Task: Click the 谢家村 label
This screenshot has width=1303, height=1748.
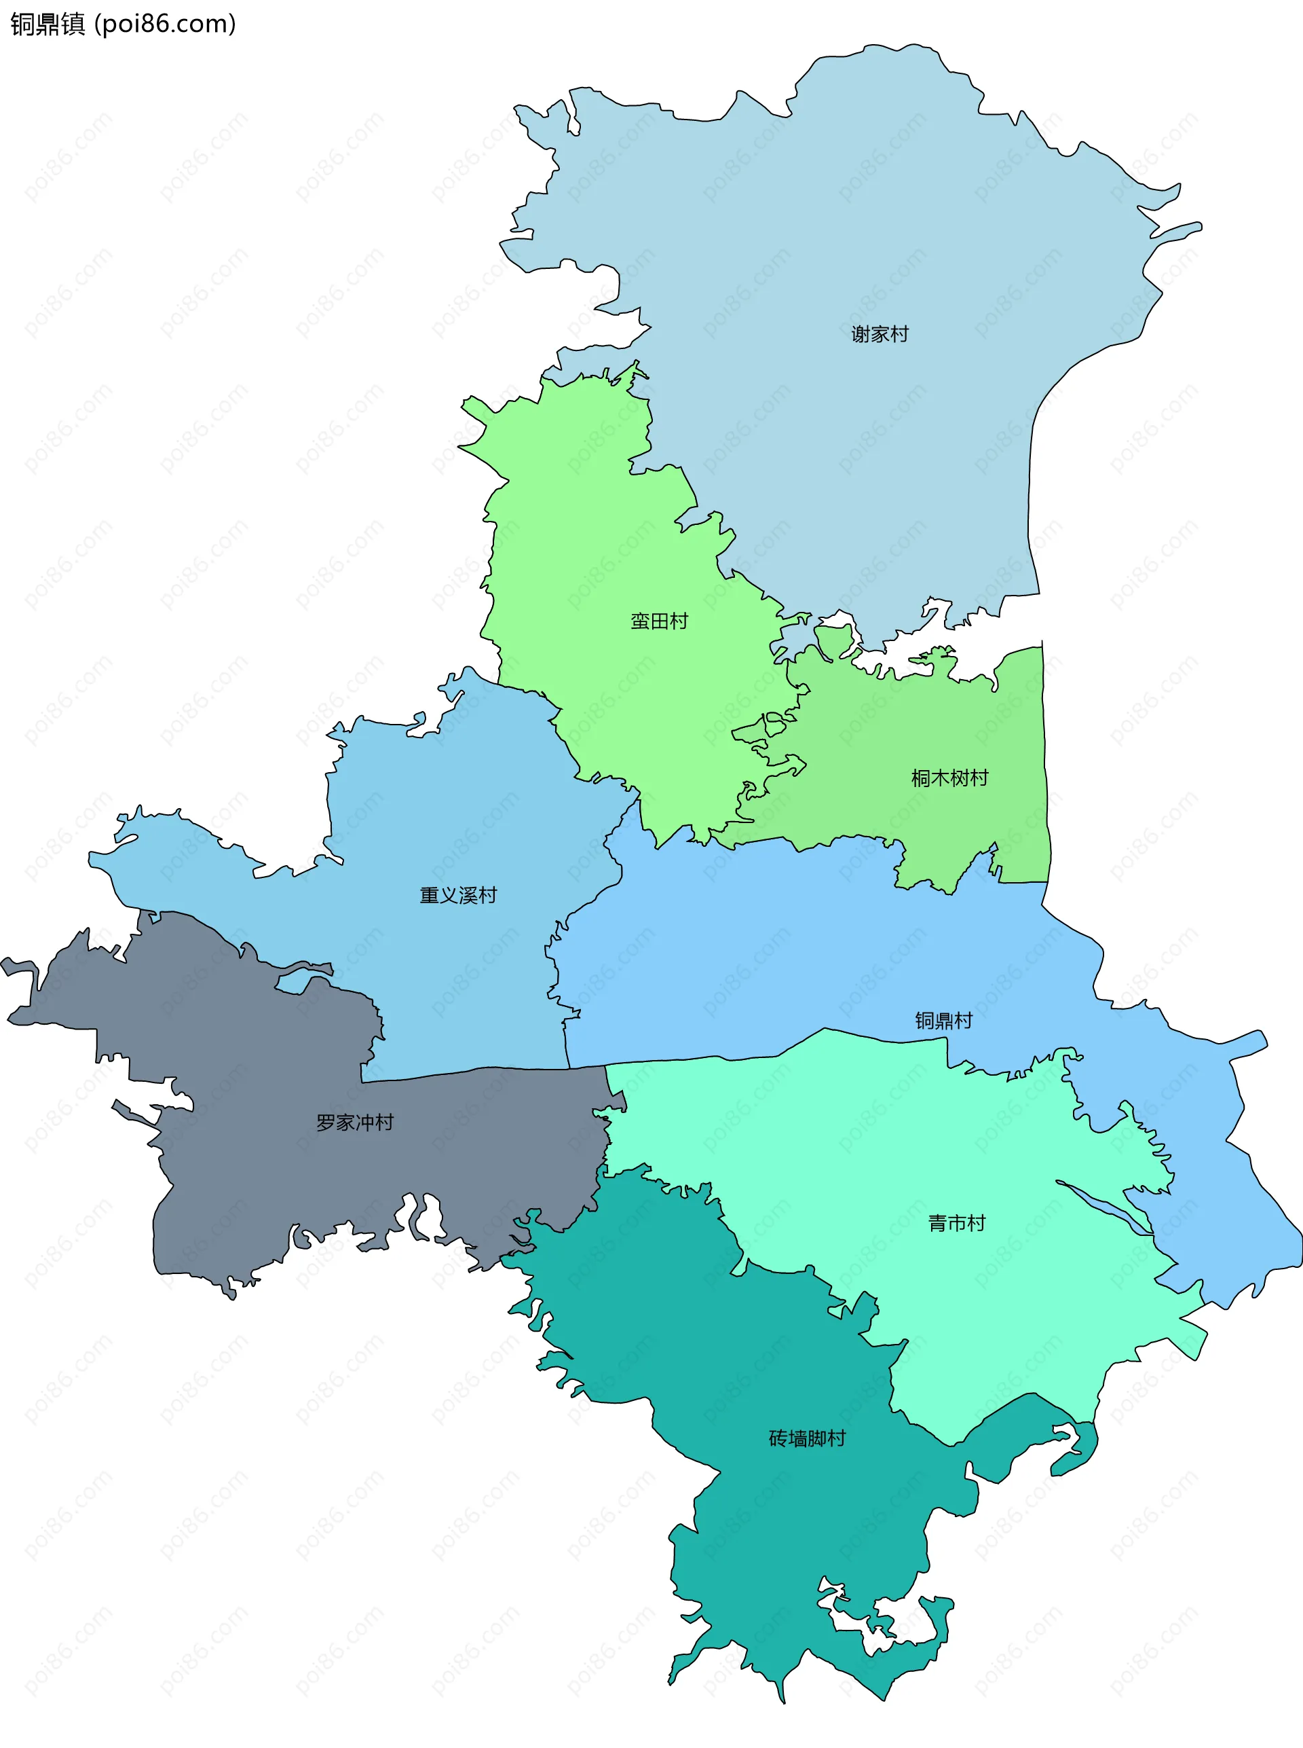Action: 880,334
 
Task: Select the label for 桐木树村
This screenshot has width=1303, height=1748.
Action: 949,778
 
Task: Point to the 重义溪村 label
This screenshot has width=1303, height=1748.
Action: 458,895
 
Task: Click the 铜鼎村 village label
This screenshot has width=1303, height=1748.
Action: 943,1021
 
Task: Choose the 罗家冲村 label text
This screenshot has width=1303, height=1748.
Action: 355,1122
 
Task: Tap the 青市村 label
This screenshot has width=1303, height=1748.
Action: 957,1223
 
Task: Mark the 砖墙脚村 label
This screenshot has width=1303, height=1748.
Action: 807,1438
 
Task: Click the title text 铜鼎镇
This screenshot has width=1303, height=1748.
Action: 48,24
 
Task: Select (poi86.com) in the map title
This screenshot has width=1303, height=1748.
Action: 165,24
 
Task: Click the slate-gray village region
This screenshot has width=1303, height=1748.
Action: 261,1168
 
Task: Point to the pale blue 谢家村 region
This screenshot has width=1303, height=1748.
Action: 867,237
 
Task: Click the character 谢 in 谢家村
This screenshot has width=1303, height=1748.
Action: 861,334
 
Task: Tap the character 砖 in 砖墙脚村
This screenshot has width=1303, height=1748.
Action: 778,1438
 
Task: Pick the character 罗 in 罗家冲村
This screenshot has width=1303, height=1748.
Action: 326,1122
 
